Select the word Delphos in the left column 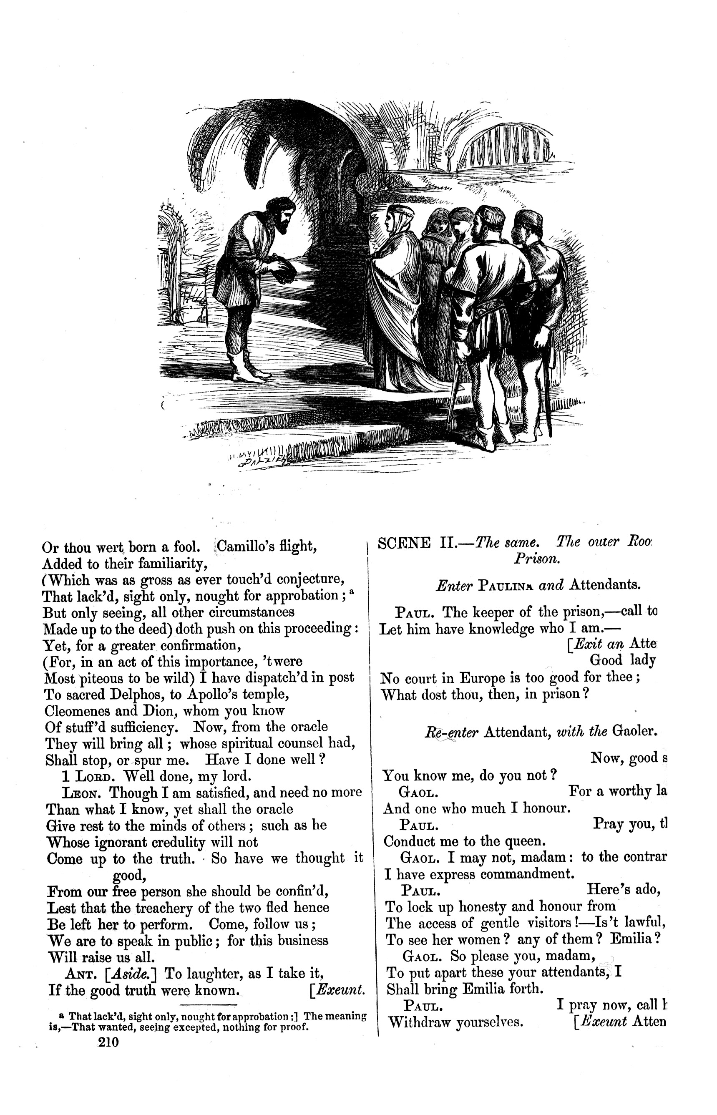click(x=135, y=695)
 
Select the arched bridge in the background click(x=509, y=143)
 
